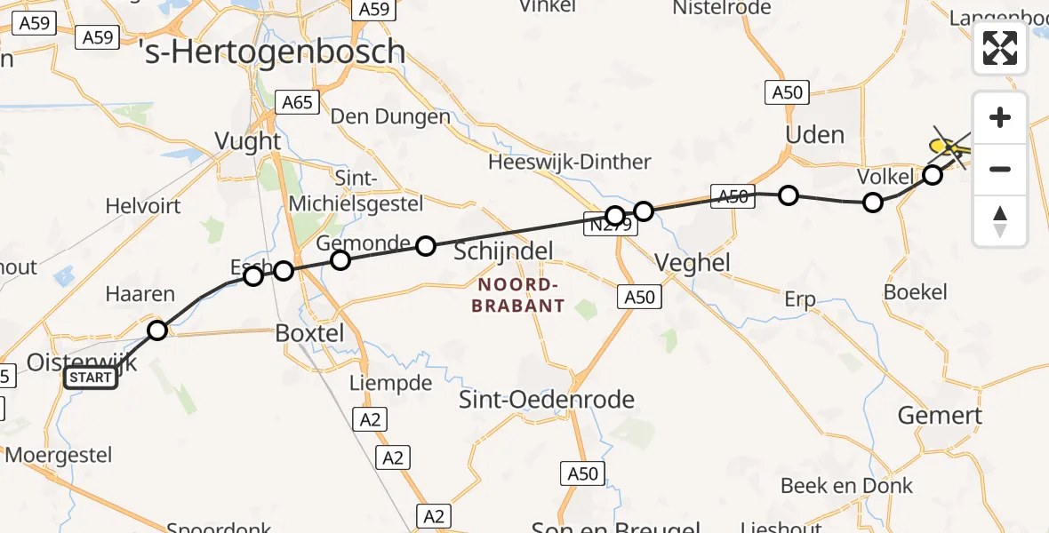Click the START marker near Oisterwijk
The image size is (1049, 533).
(91, 378)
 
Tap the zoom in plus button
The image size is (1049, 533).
(1000, 118)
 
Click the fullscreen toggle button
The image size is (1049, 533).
(1000, 48)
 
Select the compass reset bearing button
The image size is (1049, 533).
(1000, 220)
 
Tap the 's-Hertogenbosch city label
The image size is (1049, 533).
(274, 52)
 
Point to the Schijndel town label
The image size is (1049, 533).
(504, 251)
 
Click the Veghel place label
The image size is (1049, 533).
(692, 262)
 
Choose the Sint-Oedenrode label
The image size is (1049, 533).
(547, 399)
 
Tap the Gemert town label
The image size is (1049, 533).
(940, 415)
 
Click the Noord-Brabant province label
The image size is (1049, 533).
(521, 295)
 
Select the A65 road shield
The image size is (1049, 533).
(297, 102)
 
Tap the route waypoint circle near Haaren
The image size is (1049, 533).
(157, 330)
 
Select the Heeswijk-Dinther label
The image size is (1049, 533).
(570, 163)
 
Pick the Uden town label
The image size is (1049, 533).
(814, 134)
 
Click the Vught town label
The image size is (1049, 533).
(248, 141)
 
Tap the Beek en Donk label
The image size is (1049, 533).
(846, 486)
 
